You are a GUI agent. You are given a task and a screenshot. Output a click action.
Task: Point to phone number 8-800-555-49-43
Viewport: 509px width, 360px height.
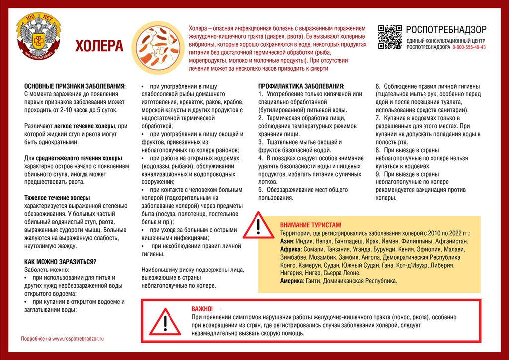point(469,47)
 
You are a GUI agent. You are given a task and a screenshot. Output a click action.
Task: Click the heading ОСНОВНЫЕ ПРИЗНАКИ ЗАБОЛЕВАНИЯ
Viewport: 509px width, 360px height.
point(75,86)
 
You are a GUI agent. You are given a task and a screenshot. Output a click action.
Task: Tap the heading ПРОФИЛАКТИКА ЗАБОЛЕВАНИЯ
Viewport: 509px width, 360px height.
point(301,86)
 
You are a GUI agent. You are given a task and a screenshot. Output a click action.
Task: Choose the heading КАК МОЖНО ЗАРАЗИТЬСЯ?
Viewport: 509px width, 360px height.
point(61,262)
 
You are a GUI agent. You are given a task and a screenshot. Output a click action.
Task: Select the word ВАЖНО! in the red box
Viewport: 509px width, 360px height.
point(202,309)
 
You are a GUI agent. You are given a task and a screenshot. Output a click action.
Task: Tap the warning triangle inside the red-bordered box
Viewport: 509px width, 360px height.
point(166,322)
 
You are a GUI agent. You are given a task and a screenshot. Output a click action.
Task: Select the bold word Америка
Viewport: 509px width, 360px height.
point(292,281)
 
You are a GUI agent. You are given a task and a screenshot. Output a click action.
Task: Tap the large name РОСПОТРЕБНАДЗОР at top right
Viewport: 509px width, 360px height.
point(446,30)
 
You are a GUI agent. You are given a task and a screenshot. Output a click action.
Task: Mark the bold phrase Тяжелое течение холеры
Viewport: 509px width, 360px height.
point(57,198)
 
